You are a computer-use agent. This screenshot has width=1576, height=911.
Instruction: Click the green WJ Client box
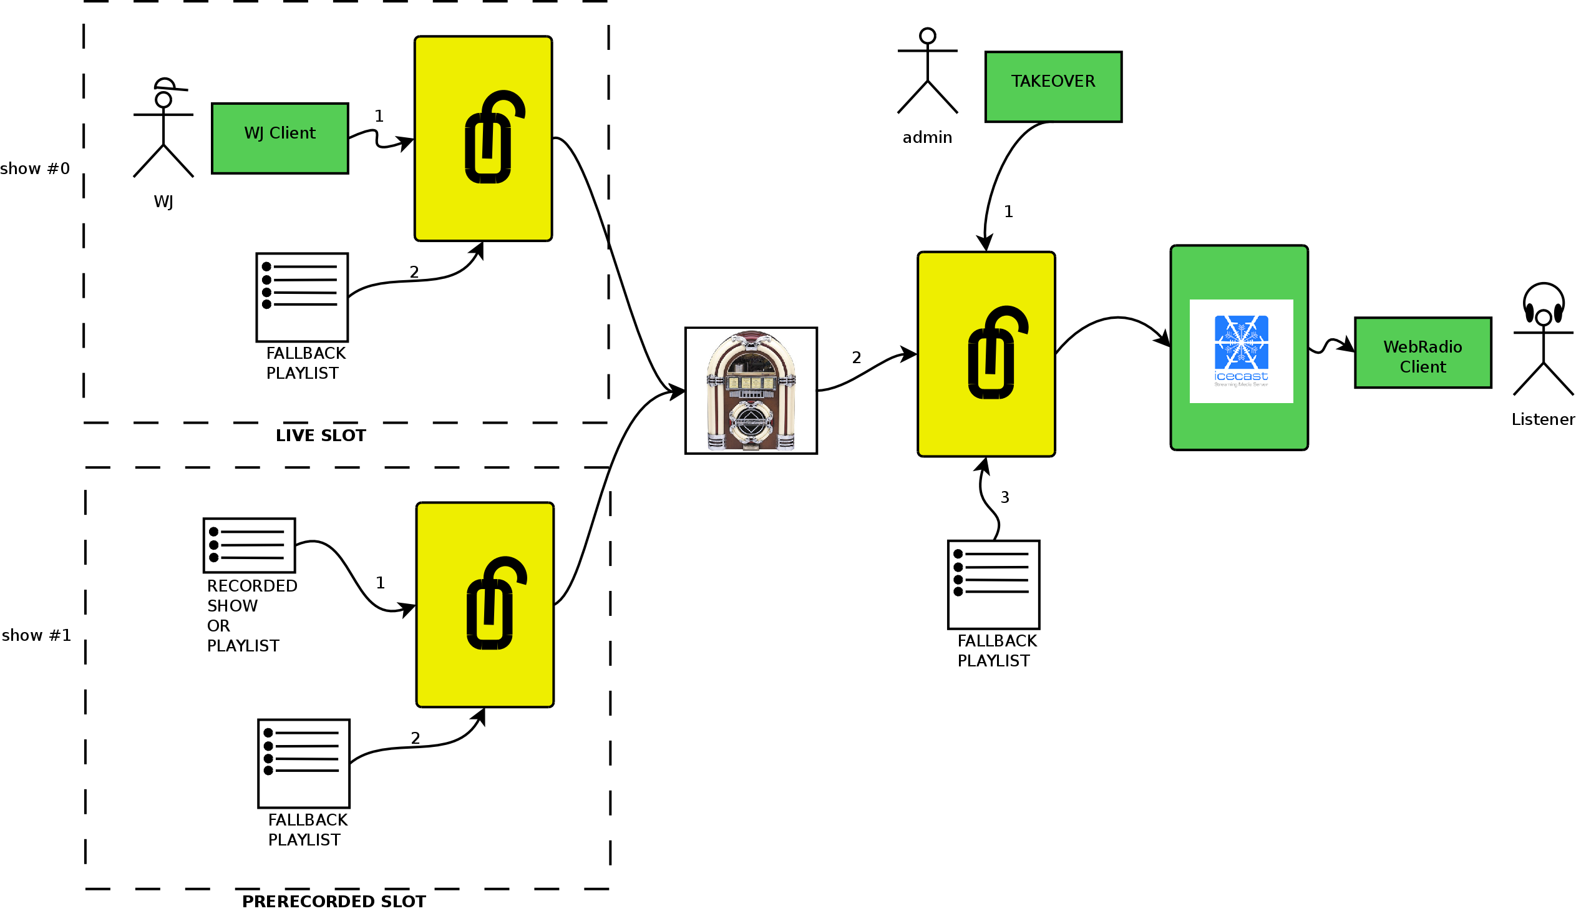coord(280,138)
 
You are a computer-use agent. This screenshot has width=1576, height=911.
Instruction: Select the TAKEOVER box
coord(1053,86)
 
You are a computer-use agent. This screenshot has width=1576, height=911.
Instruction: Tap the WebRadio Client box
coord(1423,353)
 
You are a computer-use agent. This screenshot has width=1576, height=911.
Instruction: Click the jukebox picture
coord(751,390)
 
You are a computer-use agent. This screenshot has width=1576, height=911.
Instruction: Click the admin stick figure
coord(928,71)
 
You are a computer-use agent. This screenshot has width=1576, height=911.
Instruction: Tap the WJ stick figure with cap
coord(163,128)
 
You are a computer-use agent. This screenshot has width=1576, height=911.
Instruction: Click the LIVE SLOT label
coord(321,435)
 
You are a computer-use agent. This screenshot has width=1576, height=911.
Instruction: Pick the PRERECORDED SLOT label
coord(334,901)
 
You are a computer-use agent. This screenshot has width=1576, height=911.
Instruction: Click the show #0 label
coord(35,168)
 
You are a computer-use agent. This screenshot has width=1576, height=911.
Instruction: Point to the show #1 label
coord(36,635)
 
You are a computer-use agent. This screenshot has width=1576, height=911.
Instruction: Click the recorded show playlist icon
coord(249,545)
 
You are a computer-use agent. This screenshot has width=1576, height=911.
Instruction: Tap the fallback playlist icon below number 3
coord(994,585)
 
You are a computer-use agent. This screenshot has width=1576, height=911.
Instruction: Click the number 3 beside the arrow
coord(1004,497)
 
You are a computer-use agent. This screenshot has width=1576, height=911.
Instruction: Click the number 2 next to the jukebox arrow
coord(856,358)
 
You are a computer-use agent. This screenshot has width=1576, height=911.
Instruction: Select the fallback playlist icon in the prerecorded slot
coord(304,764)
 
